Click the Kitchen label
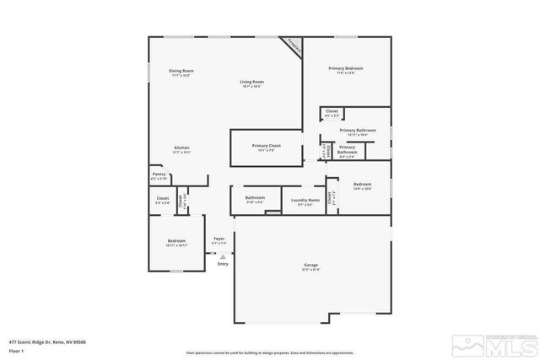(181, 149)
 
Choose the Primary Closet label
(266, 147)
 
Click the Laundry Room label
(305, 201)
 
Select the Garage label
(311, 266)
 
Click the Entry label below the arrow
(223, 265)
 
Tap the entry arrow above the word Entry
(223, 255)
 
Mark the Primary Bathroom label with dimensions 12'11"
(357, 132)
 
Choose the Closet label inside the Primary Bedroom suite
(332, 112)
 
